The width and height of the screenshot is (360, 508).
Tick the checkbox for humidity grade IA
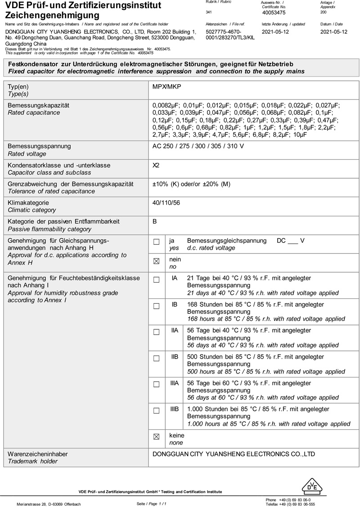click(156, 280)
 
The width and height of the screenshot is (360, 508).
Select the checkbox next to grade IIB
click(156, 359)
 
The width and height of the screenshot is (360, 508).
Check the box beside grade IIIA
click(156, 385)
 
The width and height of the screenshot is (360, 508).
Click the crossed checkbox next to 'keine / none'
click(156, 436)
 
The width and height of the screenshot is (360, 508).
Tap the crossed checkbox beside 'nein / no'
click(156, 261)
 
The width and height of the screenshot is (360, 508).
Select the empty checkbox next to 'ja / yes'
click(156, 242)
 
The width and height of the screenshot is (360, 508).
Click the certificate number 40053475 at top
click(274, 13)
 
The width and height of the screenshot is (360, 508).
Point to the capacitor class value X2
click(156, 165)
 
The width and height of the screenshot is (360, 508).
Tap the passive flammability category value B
click(155, 221)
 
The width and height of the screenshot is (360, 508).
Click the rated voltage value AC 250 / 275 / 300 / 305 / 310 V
click(198, 146)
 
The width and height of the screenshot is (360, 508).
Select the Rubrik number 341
click(208, 13)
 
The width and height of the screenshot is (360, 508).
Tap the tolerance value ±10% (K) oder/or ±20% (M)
click(192, 184)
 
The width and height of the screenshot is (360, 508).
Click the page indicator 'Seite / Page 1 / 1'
click(152, 504)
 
